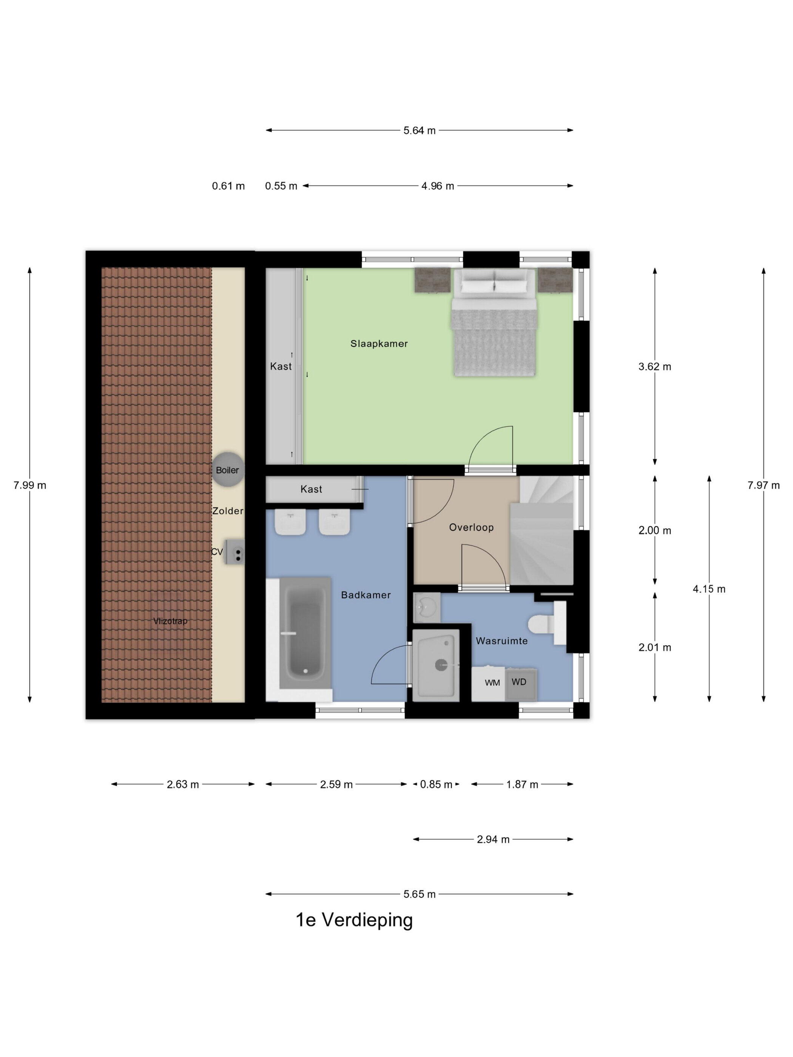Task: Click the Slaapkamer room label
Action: pos(379,344)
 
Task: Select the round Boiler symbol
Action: pos(228,470)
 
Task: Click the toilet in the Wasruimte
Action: pos(547,623)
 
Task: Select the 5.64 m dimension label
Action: pos(419,131)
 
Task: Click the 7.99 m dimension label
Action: pos(29,485)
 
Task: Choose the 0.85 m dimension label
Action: pos(436,784)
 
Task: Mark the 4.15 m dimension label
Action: pos(709,589)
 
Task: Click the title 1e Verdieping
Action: pos(354,920)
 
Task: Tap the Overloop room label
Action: pos(471,527)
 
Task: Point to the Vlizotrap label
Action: pos(170,621)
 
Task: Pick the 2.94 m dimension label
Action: pos(493,840)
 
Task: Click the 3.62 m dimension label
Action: pos(654,367)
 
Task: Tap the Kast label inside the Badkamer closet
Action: pos(311,489)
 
